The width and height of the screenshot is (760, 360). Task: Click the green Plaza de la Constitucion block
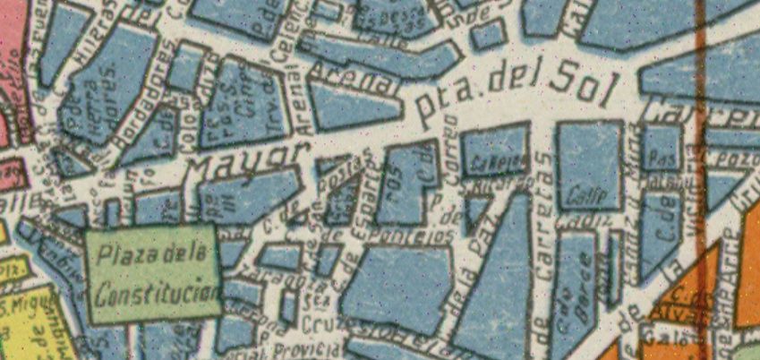pos(154,273)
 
